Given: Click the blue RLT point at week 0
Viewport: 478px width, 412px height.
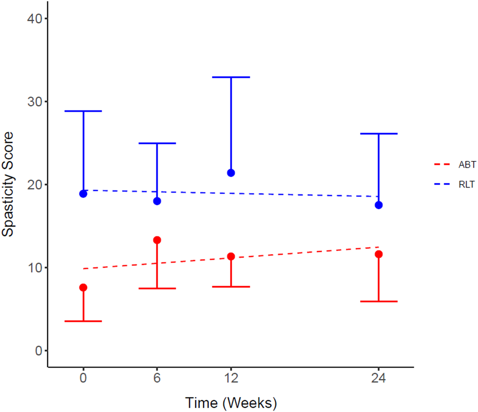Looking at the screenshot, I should click(83, 193).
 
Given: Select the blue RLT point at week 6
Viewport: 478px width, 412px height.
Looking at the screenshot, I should click(157, 201).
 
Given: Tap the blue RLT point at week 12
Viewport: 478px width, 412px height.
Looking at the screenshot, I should click(231, 173).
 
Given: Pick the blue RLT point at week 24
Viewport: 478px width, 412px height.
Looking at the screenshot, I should click(379, 205).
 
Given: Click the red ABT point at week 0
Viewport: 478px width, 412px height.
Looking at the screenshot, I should click(83, 287).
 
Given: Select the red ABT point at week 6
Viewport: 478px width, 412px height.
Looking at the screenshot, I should click(157, 240).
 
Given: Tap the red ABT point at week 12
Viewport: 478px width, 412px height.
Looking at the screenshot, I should click(231, 256).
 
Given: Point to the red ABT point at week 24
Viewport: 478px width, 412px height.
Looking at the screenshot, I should click(379, 254).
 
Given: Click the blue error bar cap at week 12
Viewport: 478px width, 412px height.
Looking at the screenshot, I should click(231, 77).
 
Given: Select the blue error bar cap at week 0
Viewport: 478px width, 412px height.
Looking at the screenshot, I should click(83, 111).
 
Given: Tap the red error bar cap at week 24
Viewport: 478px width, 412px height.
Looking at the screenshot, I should click(379, 301).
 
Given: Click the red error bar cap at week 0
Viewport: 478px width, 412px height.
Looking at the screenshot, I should click(83, 321).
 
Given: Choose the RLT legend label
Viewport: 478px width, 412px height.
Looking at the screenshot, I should click(466, 184).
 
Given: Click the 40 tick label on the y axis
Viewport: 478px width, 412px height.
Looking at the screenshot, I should click(34, 18).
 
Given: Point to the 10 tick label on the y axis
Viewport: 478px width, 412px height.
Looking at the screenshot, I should click(34, 267).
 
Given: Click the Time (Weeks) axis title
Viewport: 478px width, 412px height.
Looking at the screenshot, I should click(231, 402).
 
